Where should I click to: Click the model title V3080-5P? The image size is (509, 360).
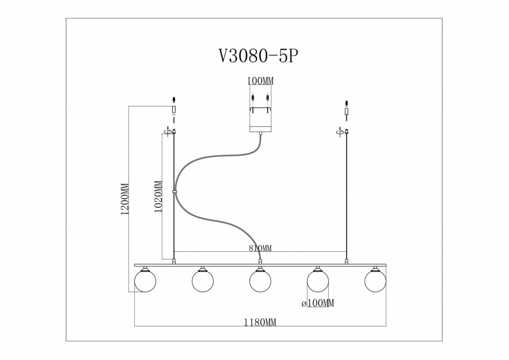pyautogui.click(x=258, y=56)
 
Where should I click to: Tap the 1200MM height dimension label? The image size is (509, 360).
pyautogui.click(x=125, y=199)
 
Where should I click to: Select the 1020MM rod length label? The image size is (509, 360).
pyautogui.click(x=158, y=197)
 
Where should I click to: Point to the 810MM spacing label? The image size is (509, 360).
pyautogui.click(x=260, y=248)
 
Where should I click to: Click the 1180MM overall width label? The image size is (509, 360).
pyautogui.click(x=260, y=322)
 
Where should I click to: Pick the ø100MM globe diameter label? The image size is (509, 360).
pyautogui.click(x=318, y=303)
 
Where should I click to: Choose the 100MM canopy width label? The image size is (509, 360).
pyautogui.click(x=260, y=81)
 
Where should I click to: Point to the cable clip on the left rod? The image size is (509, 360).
pyautogui.click(x=174, y=192)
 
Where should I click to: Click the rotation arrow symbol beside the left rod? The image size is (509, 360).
pyautogui.click(x=168, y=132)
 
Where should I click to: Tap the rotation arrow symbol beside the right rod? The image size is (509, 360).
pyautogui.click(x=340, y=132)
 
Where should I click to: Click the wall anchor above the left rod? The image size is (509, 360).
pyautogui.click(x=174, y=100)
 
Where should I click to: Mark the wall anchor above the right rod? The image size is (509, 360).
pyautogui.click(x=346, y=103)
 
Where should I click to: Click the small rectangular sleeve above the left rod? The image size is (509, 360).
pyautogui.click(x=174, y=110)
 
